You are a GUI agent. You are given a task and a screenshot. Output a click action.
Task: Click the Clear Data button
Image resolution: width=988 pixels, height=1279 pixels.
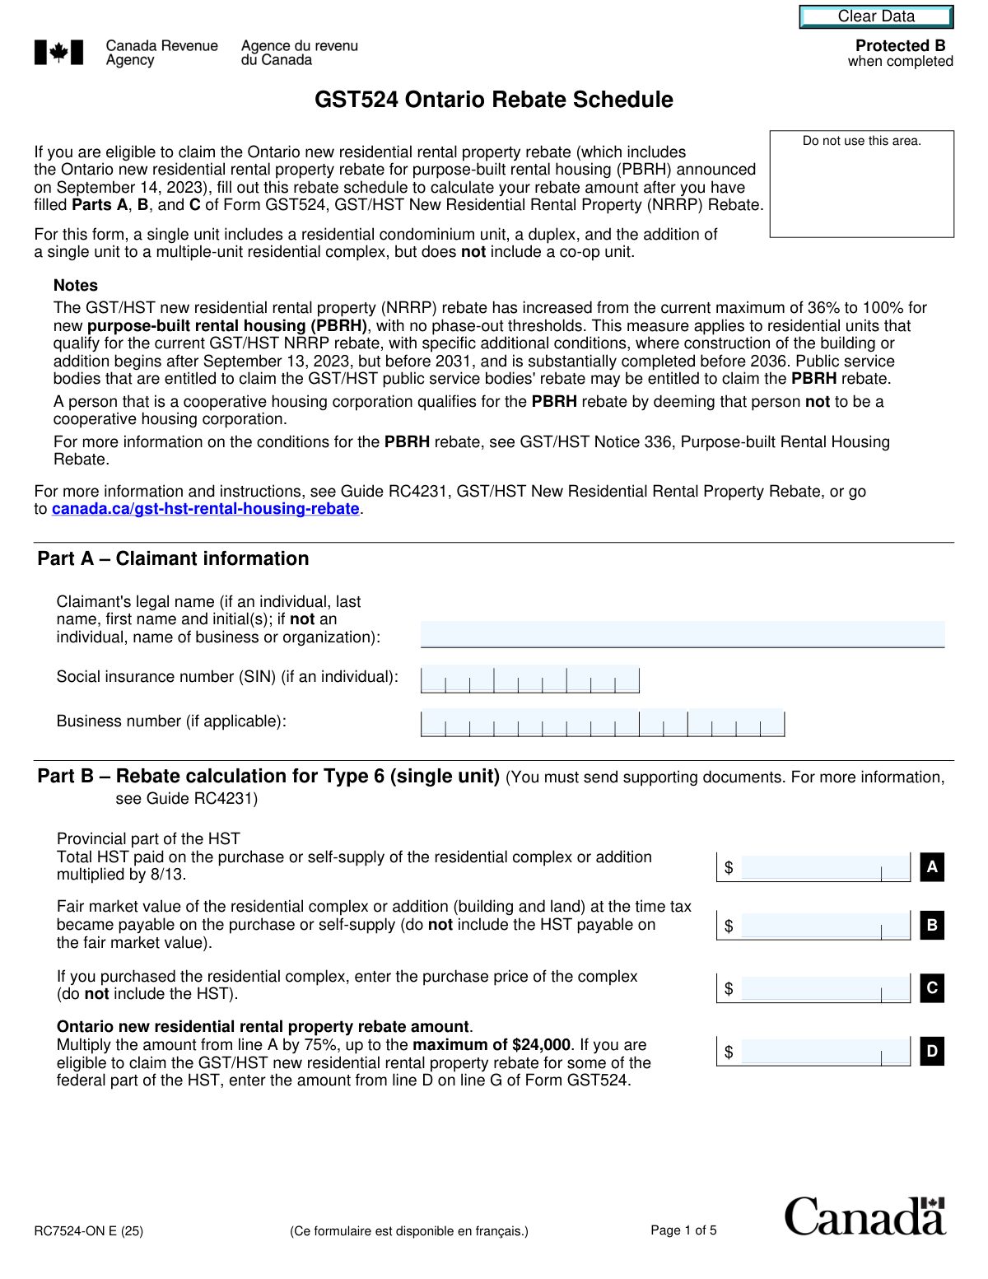876,16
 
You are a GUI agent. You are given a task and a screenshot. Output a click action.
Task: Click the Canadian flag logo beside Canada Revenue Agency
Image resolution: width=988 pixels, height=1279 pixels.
58,53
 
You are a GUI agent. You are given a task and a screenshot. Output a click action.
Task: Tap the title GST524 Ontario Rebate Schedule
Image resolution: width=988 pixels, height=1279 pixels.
493,100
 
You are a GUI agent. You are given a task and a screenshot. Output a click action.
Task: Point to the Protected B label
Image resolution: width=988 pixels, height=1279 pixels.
900,46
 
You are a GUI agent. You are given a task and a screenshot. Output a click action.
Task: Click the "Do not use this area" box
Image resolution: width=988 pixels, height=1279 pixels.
861,184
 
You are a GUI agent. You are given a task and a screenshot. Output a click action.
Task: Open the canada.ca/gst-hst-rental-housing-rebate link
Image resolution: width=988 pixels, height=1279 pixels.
205,509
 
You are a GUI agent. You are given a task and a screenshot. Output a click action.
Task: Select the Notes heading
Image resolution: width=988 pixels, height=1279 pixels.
76,286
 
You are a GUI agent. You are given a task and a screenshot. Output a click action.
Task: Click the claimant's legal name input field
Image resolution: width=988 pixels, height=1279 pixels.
682,634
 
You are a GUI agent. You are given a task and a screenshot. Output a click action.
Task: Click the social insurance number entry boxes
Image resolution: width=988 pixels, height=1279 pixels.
529,679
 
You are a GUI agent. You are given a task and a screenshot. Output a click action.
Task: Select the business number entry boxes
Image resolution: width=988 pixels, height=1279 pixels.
602,723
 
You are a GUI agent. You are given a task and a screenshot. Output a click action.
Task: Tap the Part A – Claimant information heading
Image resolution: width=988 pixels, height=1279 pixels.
173,559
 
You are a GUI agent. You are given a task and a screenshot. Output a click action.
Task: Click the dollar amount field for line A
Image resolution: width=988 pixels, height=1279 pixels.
823,867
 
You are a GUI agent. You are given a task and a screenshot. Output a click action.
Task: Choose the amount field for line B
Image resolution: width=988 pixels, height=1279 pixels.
823,926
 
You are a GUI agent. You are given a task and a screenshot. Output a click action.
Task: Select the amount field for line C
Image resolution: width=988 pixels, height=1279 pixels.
823,988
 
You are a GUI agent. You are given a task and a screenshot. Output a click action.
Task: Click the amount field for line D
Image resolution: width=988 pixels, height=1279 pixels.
823,1052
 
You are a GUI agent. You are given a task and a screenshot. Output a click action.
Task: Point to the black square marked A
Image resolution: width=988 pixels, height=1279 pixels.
932,867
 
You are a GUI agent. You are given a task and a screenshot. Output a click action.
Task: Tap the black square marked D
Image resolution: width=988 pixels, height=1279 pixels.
932,1052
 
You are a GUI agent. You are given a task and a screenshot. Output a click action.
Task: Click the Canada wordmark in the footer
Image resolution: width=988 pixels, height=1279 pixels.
864,1217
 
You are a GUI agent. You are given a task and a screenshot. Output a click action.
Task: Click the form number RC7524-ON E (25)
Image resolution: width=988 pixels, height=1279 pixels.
89,1231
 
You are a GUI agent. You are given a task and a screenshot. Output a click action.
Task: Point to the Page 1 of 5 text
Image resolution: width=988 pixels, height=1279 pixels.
683,1230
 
